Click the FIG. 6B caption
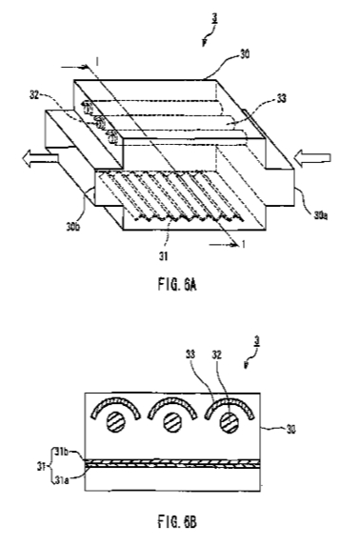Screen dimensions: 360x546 click(177, 522)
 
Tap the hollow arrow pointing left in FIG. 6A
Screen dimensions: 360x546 click(40, 157)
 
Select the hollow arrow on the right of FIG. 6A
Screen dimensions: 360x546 click(312, 157)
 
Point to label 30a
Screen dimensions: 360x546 click(321, 215)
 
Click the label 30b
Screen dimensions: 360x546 click(73, 227)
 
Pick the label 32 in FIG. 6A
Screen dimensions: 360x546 click(34, 94)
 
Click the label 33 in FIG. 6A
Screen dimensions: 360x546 click(281, 98)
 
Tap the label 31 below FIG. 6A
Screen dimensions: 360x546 click(163, 256)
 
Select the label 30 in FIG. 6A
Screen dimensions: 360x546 click(245, 54)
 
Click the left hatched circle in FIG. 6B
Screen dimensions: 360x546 click(115, 422)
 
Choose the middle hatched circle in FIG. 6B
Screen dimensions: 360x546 click(172, 422)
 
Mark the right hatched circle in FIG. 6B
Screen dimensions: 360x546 click(230, 422)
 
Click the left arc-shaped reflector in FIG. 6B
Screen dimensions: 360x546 click(115, 400)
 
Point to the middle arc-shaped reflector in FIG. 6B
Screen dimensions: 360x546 click(172, 400)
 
